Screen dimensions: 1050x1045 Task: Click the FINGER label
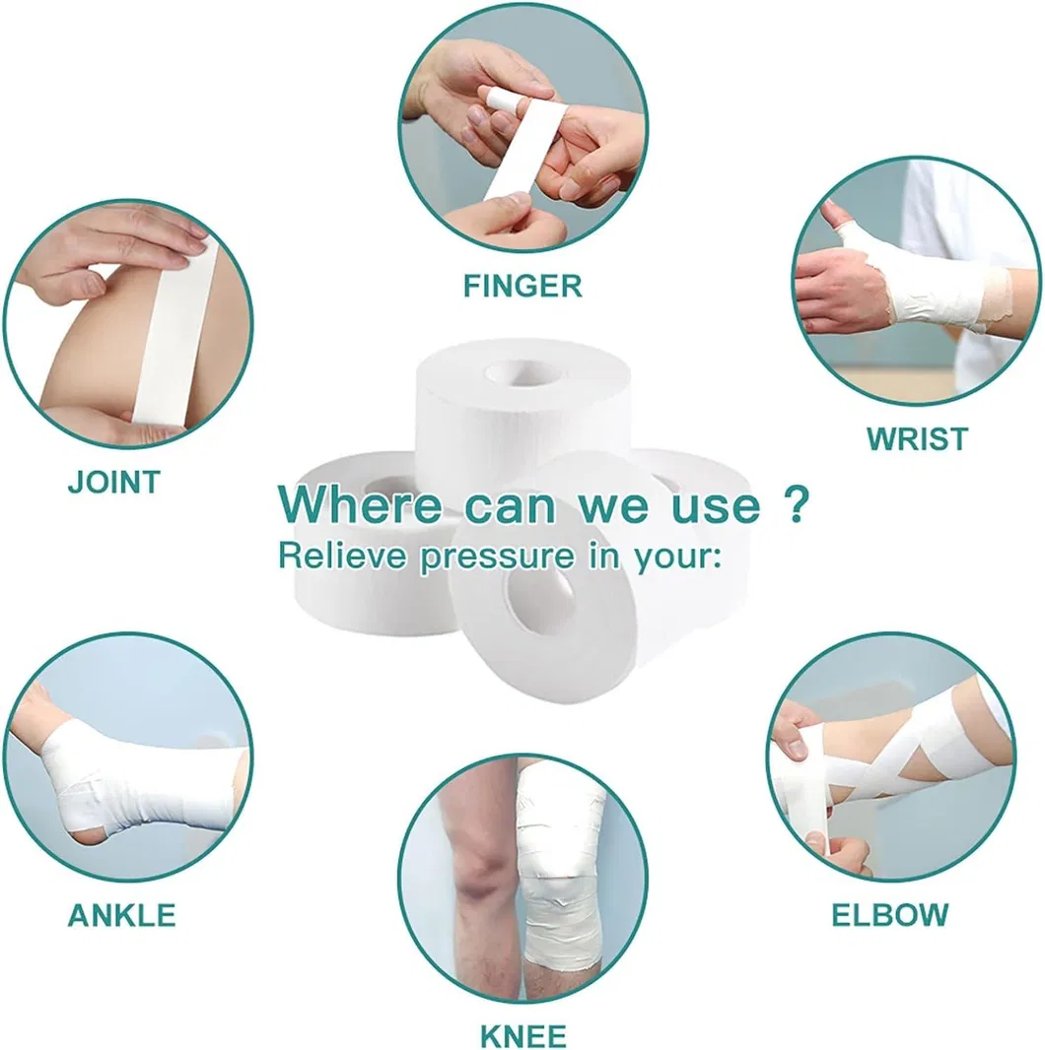522,286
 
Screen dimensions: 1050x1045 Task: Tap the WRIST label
917,438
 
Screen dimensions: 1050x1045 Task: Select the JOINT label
113,483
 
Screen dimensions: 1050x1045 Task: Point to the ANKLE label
121,914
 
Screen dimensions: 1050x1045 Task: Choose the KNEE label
523,1036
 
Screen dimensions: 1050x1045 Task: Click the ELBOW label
890,914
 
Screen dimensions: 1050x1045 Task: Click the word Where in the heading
360,506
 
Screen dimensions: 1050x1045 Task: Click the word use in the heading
719,506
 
